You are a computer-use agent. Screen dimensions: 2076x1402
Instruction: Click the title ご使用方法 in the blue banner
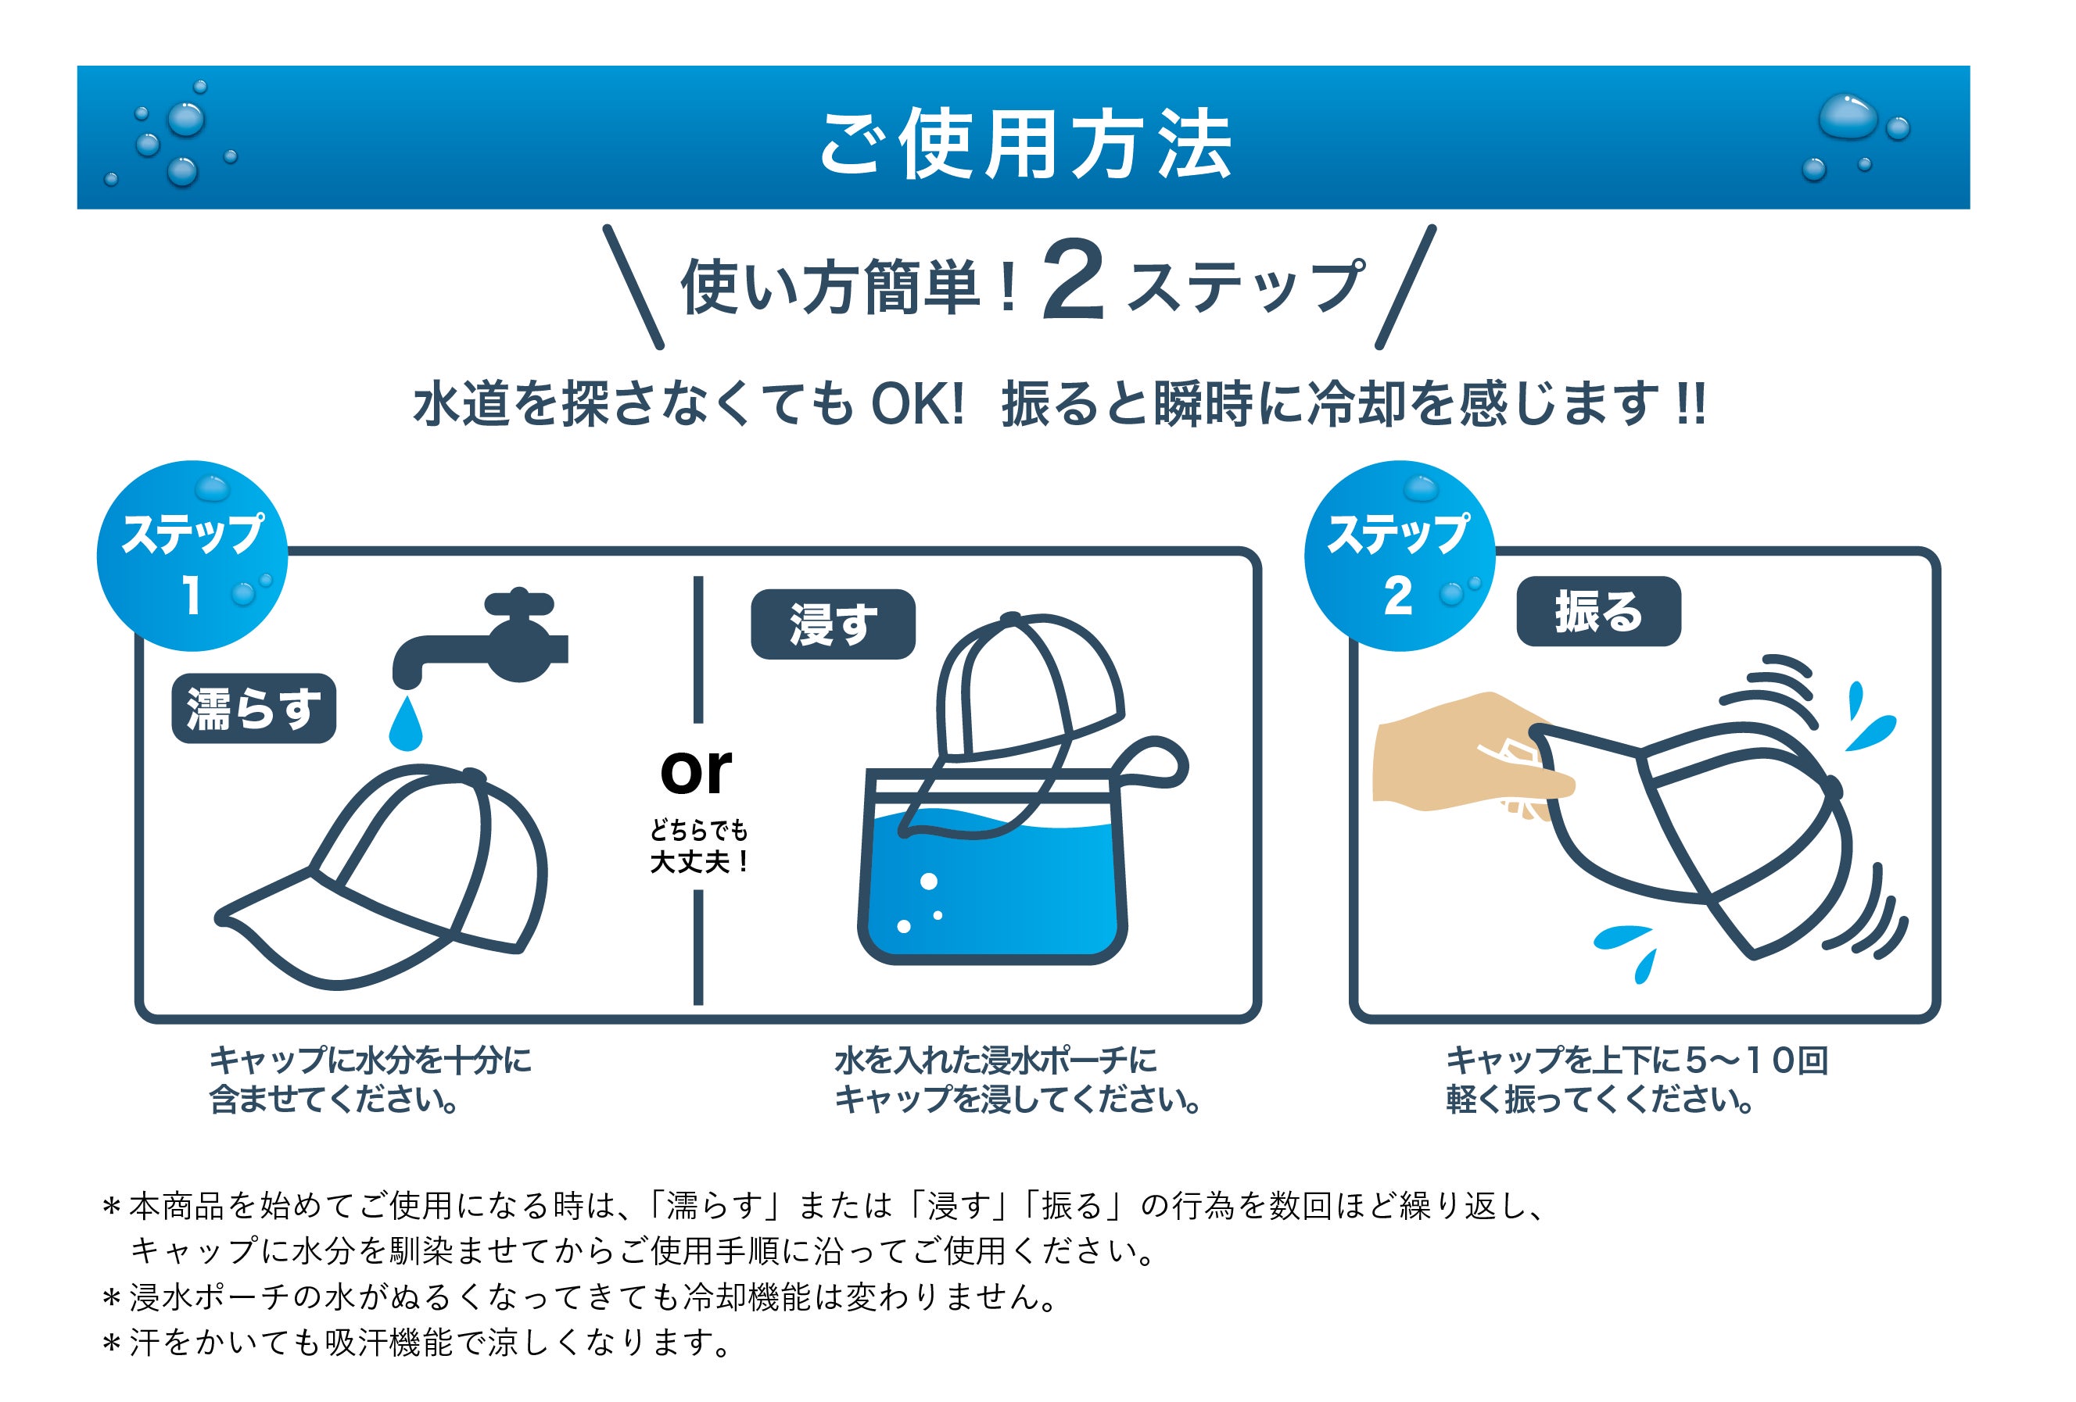click(1026, 144)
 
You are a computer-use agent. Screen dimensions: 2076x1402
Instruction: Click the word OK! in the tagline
click(917, 403)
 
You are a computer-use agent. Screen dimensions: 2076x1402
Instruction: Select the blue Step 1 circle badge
click(192, 556)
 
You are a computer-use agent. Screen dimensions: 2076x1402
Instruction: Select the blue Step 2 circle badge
click(1399, 556)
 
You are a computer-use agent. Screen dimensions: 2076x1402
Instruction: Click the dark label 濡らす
click(253, 708)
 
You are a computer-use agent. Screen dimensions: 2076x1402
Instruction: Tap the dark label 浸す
click(833, 624)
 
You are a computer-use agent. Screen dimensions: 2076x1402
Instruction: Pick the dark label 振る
click(1598, 612)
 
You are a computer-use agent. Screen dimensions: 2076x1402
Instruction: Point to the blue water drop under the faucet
click(406, 724)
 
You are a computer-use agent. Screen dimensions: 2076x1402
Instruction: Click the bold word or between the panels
click(696, 771)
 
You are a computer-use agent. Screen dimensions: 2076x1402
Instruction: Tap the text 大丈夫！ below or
click(698, 862)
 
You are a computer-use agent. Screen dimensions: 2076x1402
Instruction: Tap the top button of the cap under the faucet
click(473, 775)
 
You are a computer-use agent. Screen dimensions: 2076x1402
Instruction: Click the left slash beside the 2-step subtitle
click(633, 287)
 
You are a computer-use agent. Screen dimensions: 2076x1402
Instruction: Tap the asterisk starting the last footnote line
click(112, 1345)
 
